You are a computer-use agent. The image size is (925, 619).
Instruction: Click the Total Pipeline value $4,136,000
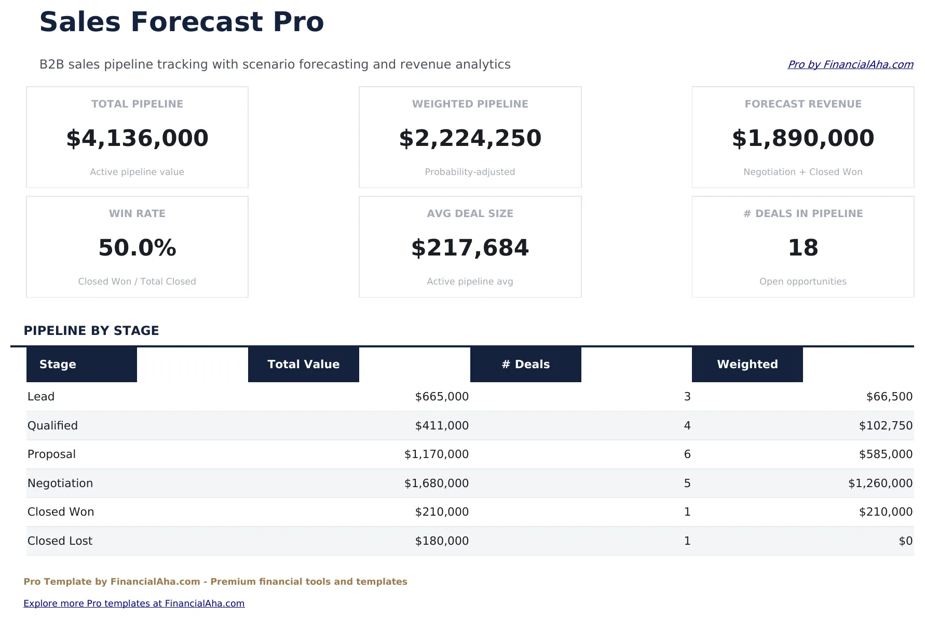coord(137,138)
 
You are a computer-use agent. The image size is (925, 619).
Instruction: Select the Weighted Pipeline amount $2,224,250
coord(470,138)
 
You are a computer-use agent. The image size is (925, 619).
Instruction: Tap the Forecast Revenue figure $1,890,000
coord(802,138)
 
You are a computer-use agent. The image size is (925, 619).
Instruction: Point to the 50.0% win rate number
coord(137,248)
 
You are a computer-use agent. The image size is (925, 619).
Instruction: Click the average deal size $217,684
coord(470,248)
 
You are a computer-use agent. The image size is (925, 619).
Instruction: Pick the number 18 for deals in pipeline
coord(802,248)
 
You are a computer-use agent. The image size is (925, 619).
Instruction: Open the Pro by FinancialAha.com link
coord(850,64)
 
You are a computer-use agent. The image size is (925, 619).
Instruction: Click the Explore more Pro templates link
coord(134,603)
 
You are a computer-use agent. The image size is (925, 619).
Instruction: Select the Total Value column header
coord(303,365)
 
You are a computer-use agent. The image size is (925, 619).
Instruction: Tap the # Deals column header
coord(525,365)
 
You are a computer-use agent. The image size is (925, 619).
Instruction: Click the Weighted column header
coord(747,365)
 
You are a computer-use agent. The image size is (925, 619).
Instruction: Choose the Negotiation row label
coord(60,483)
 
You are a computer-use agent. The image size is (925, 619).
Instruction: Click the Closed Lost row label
coord(60,541)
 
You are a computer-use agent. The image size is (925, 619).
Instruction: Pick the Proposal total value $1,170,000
coord(436,454)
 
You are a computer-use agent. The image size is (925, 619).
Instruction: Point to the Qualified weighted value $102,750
coord(885,426)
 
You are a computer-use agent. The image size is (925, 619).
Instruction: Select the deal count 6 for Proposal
coord(687,454)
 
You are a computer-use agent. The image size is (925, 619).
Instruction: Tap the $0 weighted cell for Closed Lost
coord(905,541)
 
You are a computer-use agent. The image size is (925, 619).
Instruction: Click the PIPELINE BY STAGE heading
coord(91,331)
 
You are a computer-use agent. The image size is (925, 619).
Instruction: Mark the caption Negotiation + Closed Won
coord(802,172)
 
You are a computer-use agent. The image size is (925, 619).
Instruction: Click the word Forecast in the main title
coord(197,22)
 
